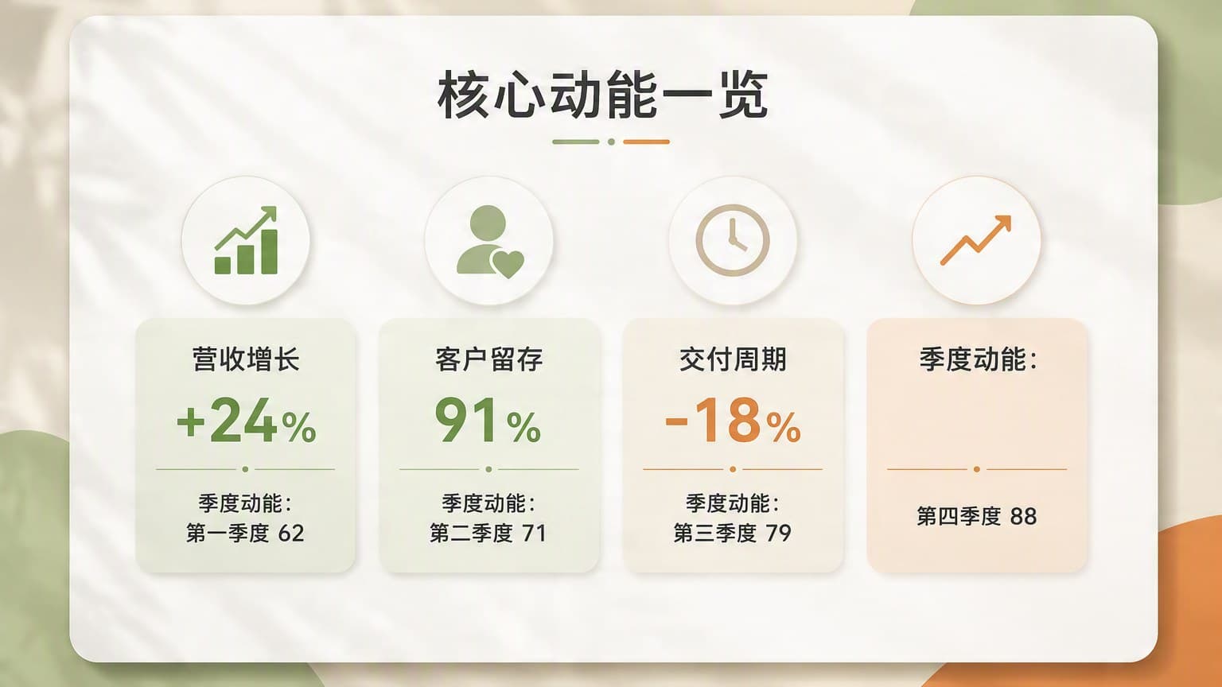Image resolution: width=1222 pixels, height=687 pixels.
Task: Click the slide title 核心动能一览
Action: pos(603,95)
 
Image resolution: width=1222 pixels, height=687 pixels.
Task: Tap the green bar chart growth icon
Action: pos(246,240)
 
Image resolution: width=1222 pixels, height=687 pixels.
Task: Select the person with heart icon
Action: pos(489,242)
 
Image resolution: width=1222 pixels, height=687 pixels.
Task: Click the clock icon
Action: pos(733,240)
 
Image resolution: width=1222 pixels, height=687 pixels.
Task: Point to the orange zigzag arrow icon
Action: pos(976,240)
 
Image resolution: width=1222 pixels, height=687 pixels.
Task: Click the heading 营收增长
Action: pos(246,359)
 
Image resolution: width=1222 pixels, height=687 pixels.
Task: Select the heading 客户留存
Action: pos(488,359)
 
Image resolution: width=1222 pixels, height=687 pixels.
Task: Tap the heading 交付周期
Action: pos(733,359)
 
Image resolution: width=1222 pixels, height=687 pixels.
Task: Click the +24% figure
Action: pos(246,421)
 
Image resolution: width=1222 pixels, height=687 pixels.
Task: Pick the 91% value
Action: pos(488,421)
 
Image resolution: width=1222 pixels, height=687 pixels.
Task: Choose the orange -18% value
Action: pos(733,421)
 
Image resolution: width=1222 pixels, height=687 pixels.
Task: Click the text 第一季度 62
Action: pos(245,533)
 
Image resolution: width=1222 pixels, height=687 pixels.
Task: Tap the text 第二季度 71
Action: pos(488,533)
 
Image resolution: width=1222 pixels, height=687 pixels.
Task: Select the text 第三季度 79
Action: pos(732,533)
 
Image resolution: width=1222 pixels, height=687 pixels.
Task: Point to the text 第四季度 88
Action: pos(976,516)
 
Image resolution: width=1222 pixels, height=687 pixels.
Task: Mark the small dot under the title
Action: pos(612,142)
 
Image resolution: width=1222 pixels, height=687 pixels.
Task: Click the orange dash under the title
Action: pos(647,142)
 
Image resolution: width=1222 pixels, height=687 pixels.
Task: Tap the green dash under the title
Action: pos(575,142)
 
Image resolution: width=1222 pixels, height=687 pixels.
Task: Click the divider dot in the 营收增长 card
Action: pos(246,469)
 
